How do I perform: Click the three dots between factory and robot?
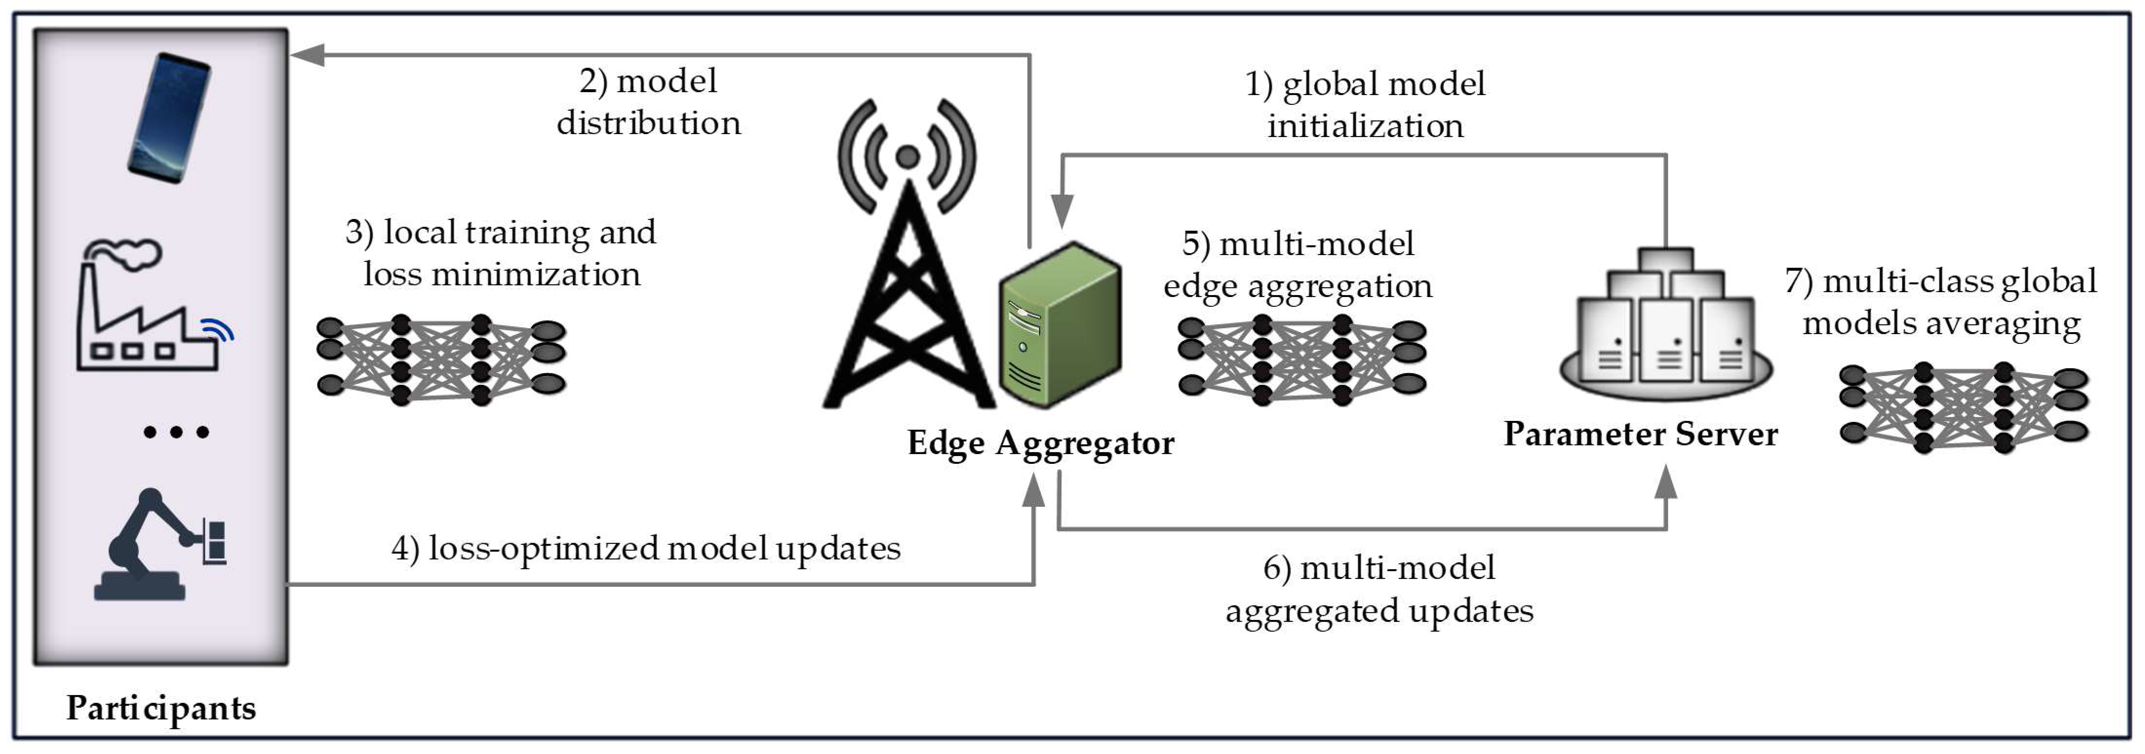point(176,432)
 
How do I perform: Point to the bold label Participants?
point(161,707)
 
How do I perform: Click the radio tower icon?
point(907,258)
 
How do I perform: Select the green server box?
point(1060,325)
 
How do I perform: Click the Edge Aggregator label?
point(1040,442)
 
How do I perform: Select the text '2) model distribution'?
point(649,101)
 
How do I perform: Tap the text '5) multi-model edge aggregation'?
point(1298,264)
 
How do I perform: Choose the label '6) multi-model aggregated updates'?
point(1379,589)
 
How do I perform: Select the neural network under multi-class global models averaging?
point(1963,407)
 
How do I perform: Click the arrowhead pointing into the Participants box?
point(306,55)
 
